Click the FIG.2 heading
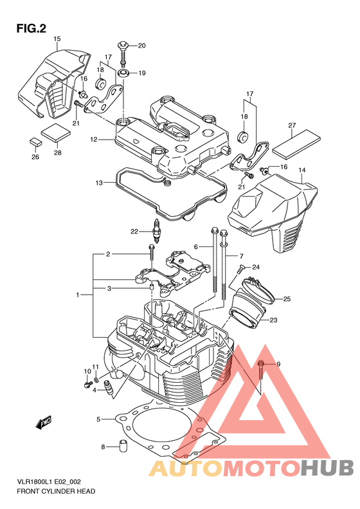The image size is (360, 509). (x=31, y=29)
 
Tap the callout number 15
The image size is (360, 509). (x=57, y=39)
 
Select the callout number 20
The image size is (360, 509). (x=141, y=46)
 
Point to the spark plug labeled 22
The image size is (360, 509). (x=157, y=232)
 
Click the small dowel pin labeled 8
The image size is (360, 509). (x=123, y=445)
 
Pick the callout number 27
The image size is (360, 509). (x=292, y=125)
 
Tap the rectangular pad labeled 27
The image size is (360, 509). (x=296, y=143)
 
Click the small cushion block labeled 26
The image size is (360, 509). (x=35, y=142)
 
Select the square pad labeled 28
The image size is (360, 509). (x=56, y=133)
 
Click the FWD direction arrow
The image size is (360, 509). (x=44, y=422)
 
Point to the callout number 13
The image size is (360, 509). (x=99, y=183)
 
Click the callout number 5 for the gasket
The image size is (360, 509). (x=98, y=420)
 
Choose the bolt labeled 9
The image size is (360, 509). (x=261, y=370)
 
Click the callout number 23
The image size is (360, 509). (x=273, y=320)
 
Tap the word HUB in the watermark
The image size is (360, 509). (x=327, y=468)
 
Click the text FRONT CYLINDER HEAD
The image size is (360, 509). (x=56, y=491)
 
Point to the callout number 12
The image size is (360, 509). (x=94, y=140)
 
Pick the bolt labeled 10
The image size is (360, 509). (x=87, y=385)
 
